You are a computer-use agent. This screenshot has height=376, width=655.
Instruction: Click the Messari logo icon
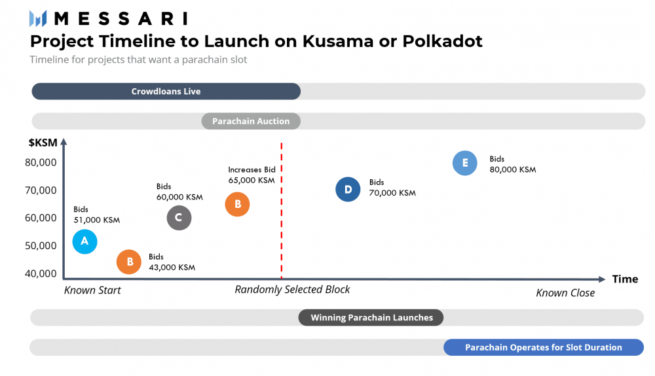point(38,18)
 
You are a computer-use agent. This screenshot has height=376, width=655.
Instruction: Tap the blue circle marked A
point(84,241)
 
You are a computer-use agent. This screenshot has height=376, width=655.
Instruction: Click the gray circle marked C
point(179,218)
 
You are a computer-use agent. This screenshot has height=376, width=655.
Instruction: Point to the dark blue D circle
point(348,190)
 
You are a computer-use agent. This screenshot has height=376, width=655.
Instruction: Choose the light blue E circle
point(465,163)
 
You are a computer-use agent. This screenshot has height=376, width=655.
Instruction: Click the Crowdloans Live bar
point(166,92)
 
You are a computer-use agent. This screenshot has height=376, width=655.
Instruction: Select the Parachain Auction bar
point(251,121)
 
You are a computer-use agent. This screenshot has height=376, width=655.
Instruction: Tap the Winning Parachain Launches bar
point(371,318)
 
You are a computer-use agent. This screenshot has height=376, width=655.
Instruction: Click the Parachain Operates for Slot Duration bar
point(543,347)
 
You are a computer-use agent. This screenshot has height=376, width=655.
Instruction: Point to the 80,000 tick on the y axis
point(41,162)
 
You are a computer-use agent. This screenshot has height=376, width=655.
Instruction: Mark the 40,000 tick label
point(41,273)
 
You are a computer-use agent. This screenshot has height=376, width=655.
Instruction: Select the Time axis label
point(625,279)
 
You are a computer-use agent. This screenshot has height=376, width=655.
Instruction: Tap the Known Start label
point(92,290)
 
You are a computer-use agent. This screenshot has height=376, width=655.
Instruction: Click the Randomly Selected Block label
point(292,289)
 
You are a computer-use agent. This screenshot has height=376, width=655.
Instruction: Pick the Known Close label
point(565,293)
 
